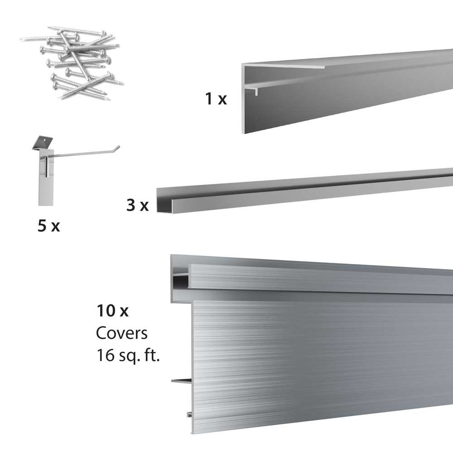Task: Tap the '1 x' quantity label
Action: (x=216, y=98)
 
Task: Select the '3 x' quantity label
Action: (x=137, y=206)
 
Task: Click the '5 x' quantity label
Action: (x=49, y=225)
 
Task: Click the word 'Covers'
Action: (x=121, y=333)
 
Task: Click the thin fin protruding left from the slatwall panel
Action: (x=181, y=381)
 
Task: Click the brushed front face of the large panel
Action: (x=317, y=358)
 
